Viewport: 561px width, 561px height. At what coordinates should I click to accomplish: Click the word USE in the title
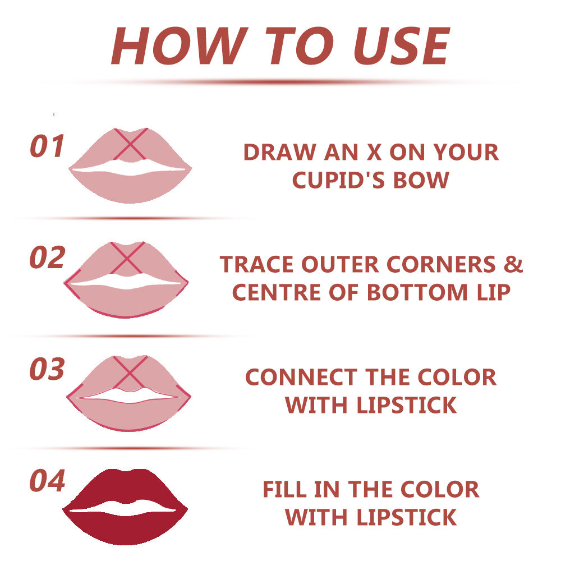pyautogui.click(x=402, y=46)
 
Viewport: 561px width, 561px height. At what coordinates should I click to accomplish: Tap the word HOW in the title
pyautogui.click(x=180, y=46)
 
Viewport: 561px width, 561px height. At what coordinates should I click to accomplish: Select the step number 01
pyautogui.click(x=47, y=146)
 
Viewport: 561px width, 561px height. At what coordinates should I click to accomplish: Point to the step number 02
pyautogui.click(x=47, y=257)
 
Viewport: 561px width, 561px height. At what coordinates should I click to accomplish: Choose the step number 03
pyautogui.click(x=47, y=369)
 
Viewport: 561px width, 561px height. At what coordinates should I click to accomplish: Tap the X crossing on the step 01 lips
pyautogui.click(x=130, y=144)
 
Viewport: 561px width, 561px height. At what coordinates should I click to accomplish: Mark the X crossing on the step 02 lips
pyautogui.click(x=126, y=257)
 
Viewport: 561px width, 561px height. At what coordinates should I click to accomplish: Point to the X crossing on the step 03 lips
pyautogui.click(x=130, y=372)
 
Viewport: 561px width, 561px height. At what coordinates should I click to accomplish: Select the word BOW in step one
pyautogui.click(x=421, y=180)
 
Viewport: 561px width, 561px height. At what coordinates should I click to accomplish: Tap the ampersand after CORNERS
pyautogui.click(x=513, y=264)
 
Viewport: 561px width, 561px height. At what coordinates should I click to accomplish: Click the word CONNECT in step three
pyautogui.click(x=301, y=377)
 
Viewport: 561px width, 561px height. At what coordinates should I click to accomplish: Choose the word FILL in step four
pyautogui.click(x=284, y=489)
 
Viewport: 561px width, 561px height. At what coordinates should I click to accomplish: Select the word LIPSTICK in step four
pyautogui.click(x=406, y=517)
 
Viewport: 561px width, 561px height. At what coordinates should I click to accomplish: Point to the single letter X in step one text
pyautogui.click(x=374, y=152)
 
